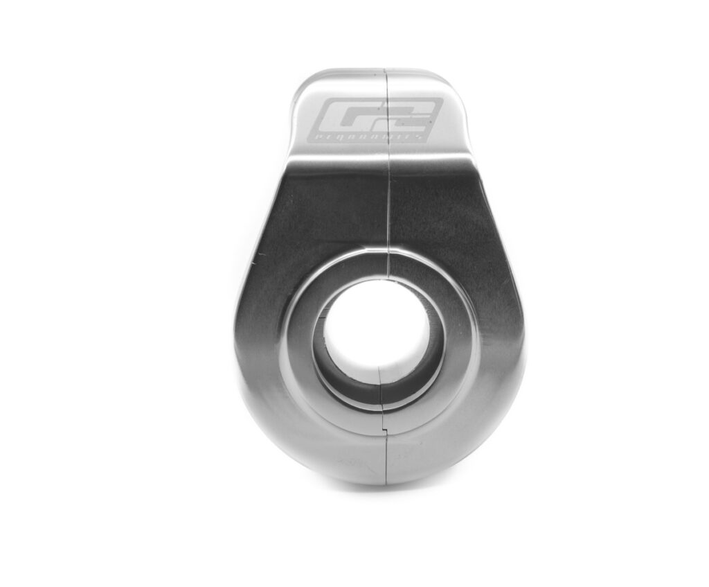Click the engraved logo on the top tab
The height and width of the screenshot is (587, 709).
[377, 120]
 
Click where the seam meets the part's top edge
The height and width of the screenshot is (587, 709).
[385, 70]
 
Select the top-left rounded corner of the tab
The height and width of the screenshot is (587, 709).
[303, 80]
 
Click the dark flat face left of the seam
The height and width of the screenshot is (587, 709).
[325, 215]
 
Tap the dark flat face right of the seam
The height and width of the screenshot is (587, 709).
[443, 215]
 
